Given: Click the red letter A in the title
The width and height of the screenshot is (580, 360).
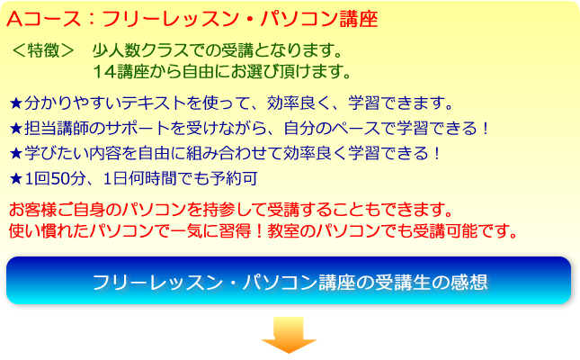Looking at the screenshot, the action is tap(14, 19).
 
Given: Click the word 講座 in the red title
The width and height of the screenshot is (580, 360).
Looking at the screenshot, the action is tap(359, 19).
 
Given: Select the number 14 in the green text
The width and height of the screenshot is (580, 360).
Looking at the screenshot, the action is tap(104, 71).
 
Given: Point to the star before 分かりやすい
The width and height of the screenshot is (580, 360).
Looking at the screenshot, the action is tap(16, 103).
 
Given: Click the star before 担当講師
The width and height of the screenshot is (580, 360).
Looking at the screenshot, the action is tap(16, 129).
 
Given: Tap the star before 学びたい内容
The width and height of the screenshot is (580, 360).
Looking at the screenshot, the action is tap(16, 153).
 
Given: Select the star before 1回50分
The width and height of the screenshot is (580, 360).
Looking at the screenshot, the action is tap(16, 179).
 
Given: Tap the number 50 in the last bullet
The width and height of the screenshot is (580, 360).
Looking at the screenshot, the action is tap(59, 179).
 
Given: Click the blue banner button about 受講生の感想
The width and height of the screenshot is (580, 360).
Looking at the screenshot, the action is tap(289, 281).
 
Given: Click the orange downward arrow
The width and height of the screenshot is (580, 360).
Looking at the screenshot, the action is tap(289, 334).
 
